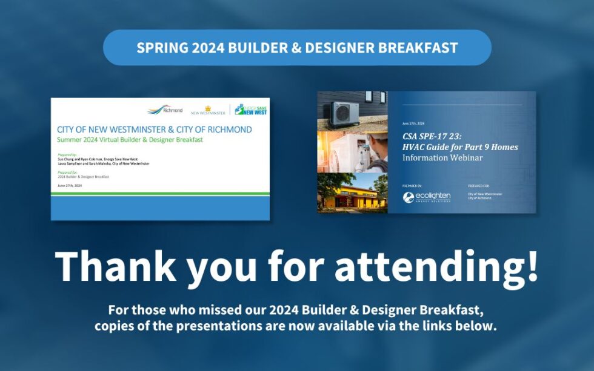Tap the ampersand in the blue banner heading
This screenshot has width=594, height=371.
point(296,48)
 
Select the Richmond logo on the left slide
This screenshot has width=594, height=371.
point(165,110)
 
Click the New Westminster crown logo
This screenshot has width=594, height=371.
point(207,111)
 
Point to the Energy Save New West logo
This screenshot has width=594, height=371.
point(250,110)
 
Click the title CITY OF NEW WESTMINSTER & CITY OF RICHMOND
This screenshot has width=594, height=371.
point(154,130)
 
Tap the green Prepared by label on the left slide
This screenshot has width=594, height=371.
point(67,155)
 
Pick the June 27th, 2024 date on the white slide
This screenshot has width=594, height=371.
point(70,186)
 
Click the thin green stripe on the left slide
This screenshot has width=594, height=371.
point(160,194)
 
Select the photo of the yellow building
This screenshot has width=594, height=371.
point(352,193)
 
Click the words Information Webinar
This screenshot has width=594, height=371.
point(441,158)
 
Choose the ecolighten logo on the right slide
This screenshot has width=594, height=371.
point(427,197)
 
